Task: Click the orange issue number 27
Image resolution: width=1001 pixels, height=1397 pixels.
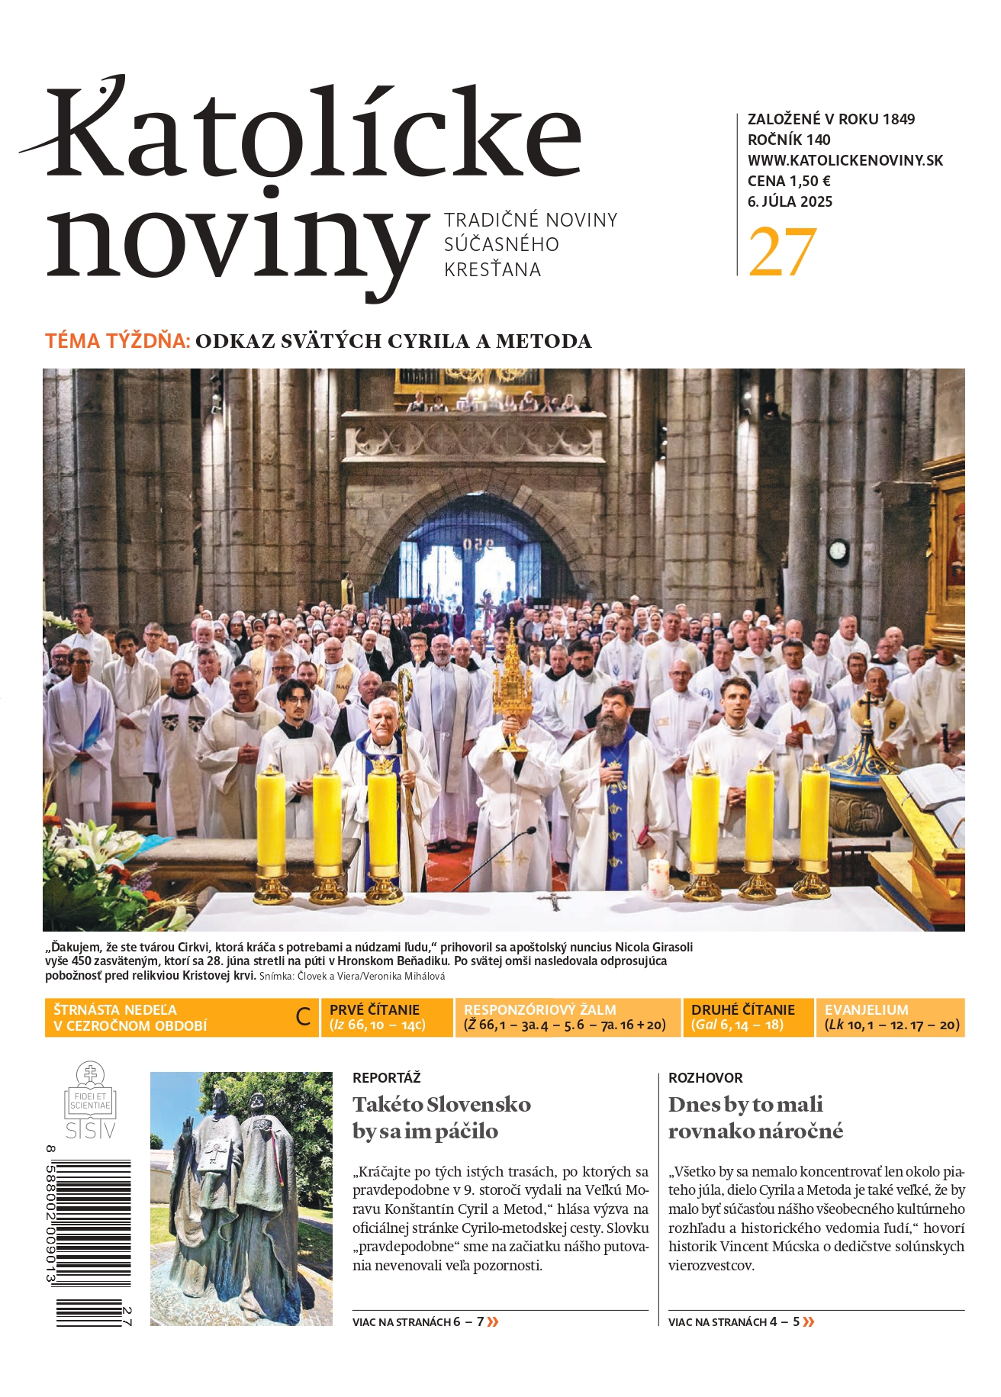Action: (782, 252)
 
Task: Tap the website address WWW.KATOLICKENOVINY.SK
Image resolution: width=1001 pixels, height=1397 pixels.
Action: (845, 160)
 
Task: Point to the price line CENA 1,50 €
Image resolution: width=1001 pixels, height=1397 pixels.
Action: (789, 181)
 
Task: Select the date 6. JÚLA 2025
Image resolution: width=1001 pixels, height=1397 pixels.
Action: (790, 201)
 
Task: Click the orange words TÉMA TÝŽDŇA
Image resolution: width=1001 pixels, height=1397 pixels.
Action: (117, 341)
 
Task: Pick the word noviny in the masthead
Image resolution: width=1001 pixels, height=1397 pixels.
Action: (237, 237)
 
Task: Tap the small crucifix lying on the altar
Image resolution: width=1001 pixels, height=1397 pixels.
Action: (555, 900)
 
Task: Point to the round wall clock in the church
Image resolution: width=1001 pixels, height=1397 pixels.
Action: (838, 550)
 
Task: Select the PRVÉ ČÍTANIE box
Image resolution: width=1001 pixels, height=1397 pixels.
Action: (386, 1017)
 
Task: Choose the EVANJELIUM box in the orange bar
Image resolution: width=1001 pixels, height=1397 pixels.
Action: (890, 1017)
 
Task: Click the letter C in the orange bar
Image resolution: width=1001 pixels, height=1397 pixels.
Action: (303, 1017)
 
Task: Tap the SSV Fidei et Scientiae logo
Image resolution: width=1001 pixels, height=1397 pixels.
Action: (90, 1101)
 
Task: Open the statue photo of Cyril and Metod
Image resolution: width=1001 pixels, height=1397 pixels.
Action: (241, 1198)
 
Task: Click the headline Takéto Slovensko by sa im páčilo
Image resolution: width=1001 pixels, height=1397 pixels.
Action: (441, 1117)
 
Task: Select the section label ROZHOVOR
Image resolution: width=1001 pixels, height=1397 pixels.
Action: (705, 1077)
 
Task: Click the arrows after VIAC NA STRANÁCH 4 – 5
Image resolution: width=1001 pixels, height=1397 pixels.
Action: (809, 1321)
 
